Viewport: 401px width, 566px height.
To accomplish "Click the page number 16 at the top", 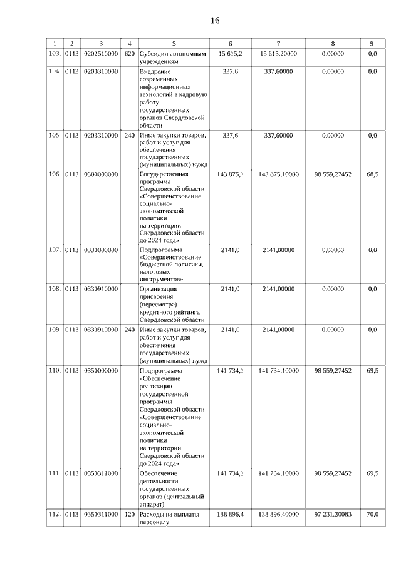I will click(x=215, y=21).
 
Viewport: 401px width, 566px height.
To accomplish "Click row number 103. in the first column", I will click(x=55, y=54).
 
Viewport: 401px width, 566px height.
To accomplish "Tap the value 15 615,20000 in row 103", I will click(x=279, y=54).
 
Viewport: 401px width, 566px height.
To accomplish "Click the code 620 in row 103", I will click(x=129, y=54).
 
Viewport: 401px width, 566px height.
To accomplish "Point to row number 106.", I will click(x=55, y=174).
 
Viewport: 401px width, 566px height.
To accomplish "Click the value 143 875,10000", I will click(x=279, y=174).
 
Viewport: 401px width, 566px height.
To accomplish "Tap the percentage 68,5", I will click(x=372, y=174).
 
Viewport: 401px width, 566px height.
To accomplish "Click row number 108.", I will click(x=55, y=289).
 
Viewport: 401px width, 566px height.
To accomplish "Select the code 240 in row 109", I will click(x=129, y=329).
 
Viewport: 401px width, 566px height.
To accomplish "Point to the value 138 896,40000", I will click(x=279, y=514).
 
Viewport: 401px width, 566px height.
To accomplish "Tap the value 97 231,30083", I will click(x=333, y=514).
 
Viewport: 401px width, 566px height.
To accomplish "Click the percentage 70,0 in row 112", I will click(x=372, y=514).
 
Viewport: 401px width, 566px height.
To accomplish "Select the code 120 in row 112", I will click(x=129, y=514).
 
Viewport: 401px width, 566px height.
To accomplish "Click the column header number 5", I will click(x=174, y=43).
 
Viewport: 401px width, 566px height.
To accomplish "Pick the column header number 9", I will click(x=372, y=43).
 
